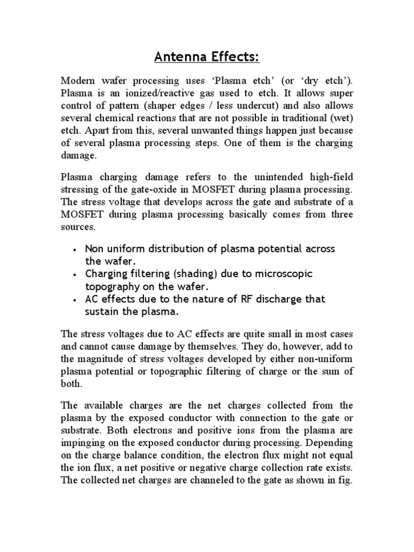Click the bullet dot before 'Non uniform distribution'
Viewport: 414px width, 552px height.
(x=74, y=250)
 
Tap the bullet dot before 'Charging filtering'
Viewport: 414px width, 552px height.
(x=74, y=275)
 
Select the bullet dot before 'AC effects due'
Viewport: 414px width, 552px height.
(x=74, y=300)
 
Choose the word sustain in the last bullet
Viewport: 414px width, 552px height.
(x=102, y=312)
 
